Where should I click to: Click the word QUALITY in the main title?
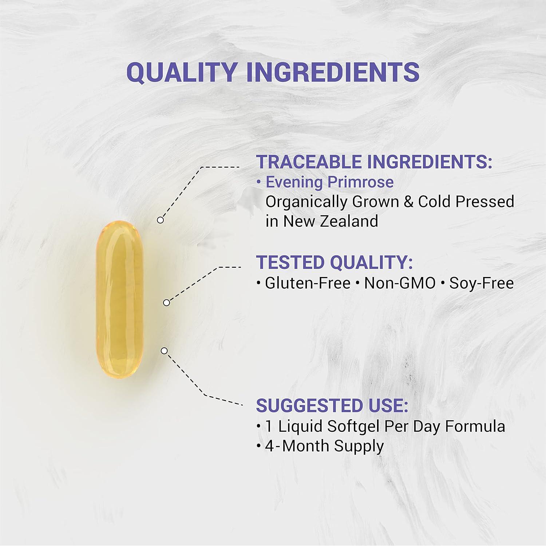tap(182, 72)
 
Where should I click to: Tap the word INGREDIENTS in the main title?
tap(333, 72)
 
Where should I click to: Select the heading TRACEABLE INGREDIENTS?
tap(374, 162)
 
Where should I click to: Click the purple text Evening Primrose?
tap(329, 182)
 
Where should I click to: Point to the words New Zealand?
tap(331, 221)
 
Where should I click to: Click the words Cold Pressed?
tap(466, 202)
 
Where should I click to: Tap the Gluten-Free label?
tap(308, 283)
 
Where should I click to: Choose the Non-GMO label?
tap(400, 283)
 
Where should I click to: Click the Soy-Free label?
tap(481, 283)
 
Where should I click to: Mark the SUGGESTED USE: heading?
tap(332, 405)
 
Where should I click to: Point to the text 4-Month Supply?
tap(324, 446)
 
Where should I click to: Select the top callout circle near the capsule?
tap(160, 220)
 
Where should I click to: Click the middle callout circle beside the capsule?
tap(166, 302)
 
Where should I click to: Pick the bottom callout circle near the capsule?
tap(164, 351)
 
